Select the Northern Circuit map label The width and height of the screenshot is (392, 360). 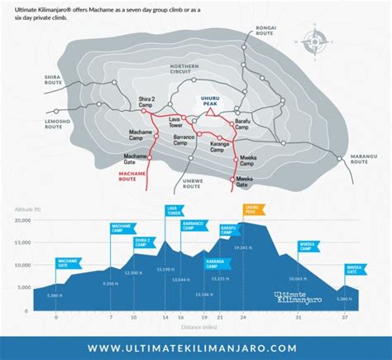coord(185,70)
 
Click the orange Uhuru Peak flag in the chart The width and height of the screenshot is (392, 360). coord(251,211)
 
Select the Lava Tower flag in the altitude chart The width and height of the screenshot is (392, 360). coord(173,211)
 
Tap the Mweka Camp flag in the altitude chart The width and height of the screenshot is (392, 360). coord(308,246)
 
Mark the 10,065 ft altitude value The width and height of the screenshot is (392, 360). coord(308,279)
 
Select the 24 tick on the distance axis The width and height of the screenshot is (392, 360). coord(242,318)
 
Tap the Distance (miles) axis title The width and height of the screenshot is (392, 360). coord(195,327)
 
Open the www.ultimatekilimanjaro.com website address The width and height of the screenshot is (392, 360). coord(196,348)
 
